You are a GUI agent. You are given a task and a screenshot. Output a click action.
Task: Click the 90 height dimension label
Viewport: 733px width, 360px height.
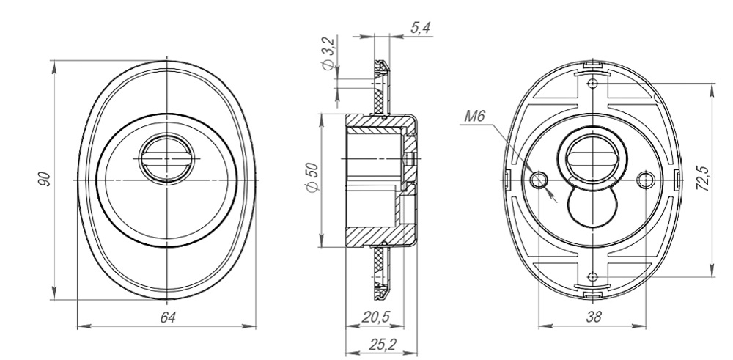(x=45, y=180)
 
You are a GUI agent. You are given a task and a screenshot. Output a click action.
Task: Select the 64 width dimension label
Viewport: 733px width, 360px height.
(x=168, y=318)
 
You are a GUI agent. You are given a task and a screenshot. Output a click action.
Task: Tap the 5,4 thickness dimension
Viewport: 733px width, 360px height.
(x=420, y=28)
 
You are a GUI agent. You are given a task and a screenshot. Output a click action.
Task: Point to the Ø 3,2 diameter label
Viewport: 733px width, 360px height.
(x=328, y=54)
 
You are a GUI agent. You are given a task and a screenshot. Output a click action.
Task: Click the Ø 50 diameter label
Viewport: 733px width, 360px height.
(x=312, y=177)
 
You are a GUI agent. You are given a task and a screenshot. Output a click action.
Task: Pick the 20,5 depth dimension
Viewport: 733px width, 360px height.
(x=375, y=317)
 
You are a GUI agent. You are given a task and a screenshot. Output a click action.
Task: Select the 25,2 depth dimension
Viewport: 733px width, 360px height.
(x=383, y=345)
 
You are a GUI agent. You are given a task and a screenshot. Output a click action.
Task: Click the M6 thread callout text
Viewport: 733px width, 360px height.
(x=475, y=116)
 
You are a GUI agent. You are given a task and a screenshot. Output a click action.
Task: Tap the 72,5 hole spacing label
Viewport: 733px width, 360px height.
(x=702, y=179)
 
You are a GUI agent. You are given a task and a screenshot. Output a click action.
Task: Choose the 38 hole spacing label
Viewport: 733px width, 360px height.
(x=593, y=317)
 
